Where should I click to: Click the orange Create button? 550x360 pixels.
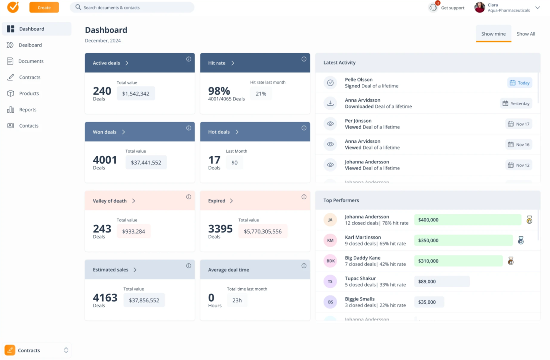point(44,8)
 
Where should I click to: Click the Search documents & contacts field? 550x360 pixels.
point(132,8)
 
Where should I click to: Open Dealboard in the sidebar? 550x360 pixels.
point(30,45)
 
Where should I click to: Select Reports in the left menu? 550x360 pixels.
point(27,110)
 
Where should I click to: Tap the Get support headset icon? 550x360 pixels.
point(433,8)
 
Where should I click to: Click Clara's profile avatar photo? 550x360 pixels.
point(479,7)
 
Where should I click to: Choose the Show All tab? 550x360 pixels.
point(526,34)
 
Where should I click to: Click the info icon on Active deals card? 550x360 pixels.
point(189,59)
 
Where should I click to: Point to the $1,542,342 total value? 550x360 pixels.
point(136,94)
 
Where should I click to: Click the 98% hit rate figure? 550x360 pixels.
point(219,91)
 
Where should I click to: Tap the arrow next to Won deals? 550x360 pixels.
point(123,132)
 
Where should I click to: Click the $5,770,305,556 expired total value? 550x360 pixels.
point(262,232)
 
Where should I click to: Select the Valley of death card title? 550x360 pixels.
point(110,201)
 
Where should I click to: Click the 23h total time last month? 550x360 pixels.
point(237,300)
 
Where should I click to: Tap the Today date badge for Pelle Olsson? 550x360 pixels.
point(519,83)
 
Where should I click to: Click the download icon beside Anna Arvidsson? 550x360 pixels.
point(330,103)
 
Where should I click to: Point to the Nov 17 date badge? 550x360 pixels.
point(518,124)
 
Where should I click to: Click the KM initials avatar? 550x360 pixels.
point(330,241)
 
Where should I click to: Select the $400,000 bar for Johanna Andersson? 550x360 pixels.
point(467,220)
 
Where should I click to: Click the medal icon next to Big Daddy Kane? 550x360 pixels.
point(511,261)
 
